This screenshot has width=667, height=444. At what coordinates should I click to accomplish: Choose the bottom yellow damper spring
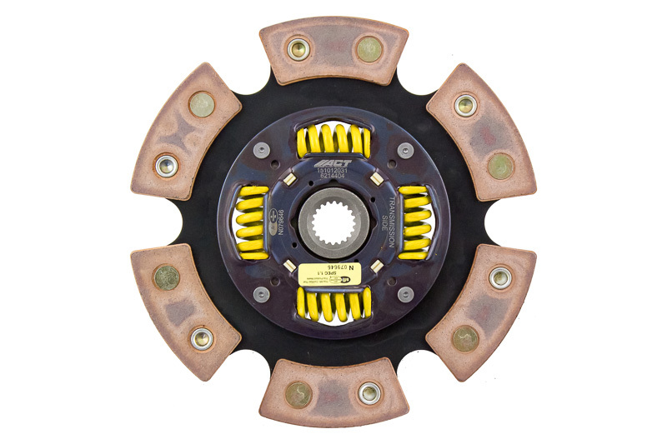(x=333, y=305)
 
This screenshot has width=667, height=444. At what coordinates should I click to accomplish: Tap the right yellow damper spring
(x=414, y=222)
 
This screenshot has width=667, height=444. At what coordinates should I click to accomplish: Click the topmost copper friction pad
(x=333, y=50)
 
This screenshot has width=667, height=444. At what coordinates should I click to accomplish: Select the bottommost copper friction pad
(x=334, y=393)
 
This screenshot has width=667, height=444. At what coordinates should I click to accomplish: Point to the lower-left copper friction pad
(x=185, y=308)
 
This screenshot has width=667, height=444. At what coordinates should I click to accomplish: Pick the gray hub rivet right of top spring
(x=405, y=151)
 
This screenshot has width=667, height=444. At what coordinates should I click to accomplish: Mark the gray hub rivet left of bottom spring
(x=262, y=294)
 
